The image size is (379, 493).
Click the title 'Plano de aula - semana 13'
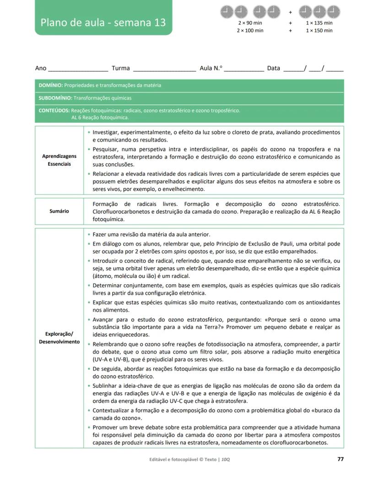[x=103, y=22]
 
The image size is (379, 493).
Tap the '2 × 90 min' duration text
[x=250, y=23]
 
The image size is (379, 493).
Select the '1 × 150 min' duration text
[x=319, y=31]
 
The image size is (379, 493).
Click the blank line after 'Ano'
[x=78, y=69]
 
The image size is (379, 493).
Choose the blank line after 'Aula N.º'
[x=244, y=69]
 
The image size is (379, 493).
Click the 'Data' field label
[x=273, y=68]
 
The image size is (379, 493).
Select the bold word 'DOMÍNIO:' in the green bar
[x=50, y=85]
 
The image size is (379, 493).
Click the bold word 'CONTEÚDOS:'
[x=54, y=110]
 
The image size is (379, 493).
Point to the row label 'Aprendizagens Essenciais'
[x=60, y=160]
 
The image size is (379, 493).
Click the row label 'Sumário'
[x=60, y=211]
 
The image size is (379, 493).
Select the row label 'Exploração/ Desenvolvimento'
[x=60, y=337]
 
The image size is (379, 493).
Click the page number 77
[x=340, y=459]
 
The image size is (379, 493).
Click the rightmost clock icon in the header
[x=333, y=11]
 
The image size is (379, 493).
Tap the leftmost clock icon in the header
[x=227, y=11]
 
